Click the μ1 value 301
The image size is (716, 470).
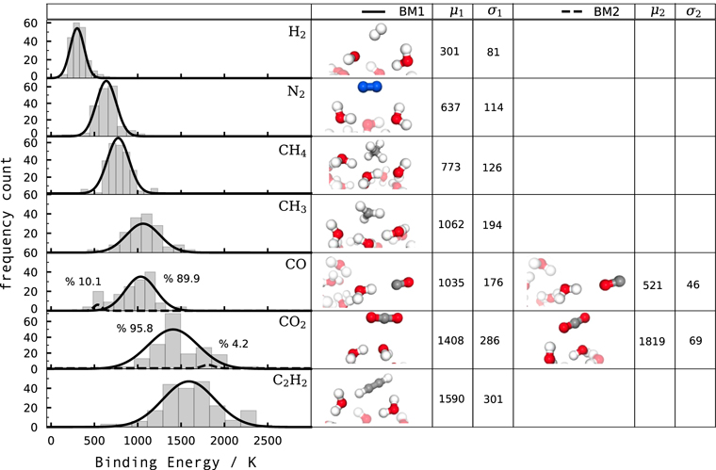(x=448, y=51)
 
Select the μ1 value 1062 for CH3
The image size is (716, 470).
(x=452, y=225)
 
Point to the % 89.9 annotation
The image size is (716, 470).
(x=183, y=279)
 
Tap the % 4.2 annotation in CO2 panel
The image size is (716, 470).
(x=235, y=344)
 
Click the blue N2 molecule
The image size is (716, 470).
(x=370, y=88)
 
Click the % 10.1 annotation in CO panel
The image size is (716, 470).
(x=83, y=282)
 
